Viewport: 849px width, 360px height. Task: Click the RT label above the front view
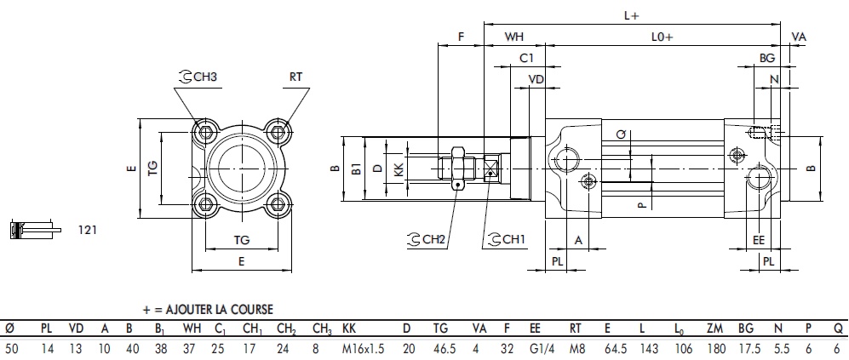click(295, 77)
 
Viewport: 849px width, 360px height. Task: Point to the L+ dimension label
click(631, 14)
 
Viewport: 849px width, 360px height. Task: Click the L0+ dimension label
click(662, 37)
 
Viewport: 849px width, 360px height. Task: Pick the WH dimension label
click(514, 37)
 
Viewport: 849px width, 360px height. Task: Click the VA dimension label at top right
click(798, 37)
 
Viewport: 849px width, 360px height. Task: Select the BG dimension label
click(767, 58)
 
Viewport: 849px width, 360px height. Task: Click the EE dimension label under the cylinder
click(759, 241)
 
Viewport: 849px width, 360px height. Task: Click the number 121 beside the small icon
click(88, 230)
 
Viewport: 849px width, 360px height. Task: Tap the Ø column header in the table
click(9, 328)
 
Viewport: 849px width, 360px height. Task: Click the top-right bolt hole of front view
click(276, 132)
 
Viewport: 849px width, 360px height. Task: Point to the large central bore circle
click(241, 168)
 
